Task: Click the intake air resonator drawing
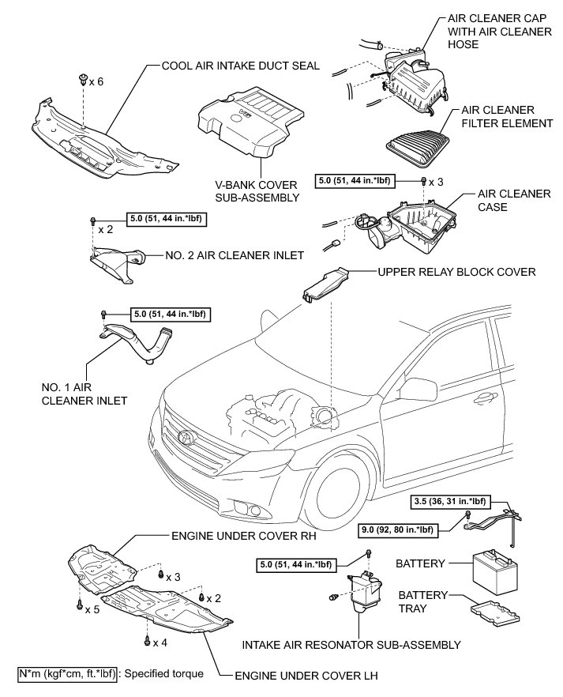(359, 597)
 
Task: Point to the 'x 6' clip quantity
(96, 81)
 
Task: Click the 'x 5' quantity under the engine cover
(92, 609)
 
